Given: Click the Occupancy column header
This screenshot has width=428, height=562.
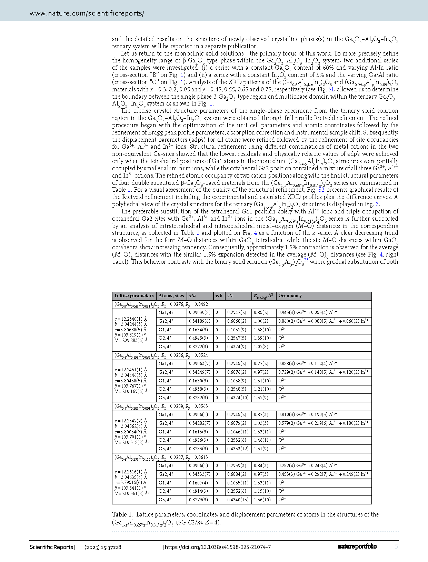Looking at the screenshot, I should point(290,296).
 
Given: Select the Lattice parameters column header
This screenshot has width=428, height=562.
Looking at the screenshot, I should point(134,296).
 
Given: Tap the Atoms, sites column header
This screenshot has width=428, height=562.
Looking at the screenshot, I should point(171,296).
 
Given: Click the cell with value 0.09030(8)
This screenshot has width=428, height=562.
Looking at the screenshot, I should point(200,313).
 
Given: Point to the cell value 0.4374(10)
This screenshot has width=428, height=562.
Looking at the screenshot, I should point(238,398).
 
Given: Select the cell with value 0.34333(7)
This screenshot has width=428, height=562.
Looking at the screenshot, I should point(200,474).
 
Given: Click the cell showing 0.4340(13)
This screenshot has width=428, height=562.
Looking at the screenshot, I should point(238,500).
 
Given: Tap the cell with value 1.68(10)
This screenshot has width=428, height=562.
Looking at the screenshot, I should point(262,330).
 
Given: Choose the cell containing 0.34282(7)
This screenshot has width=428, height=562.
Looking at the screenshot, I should point(200,423).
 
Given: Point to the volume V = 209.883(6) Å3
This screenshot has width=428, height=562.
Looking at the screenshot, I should point(132,340).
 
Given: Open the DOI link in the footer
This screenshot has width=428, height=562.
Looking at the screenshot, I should point(218,547).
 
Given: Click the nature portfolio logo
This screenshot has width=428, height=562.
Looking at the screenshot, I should point(357,546).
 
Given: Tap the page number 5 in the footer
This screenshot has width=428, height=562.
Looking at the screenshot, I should point(397,546).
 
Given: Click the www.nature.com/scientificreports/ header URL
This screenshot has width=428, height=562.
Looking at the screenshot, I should point(87,13).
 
